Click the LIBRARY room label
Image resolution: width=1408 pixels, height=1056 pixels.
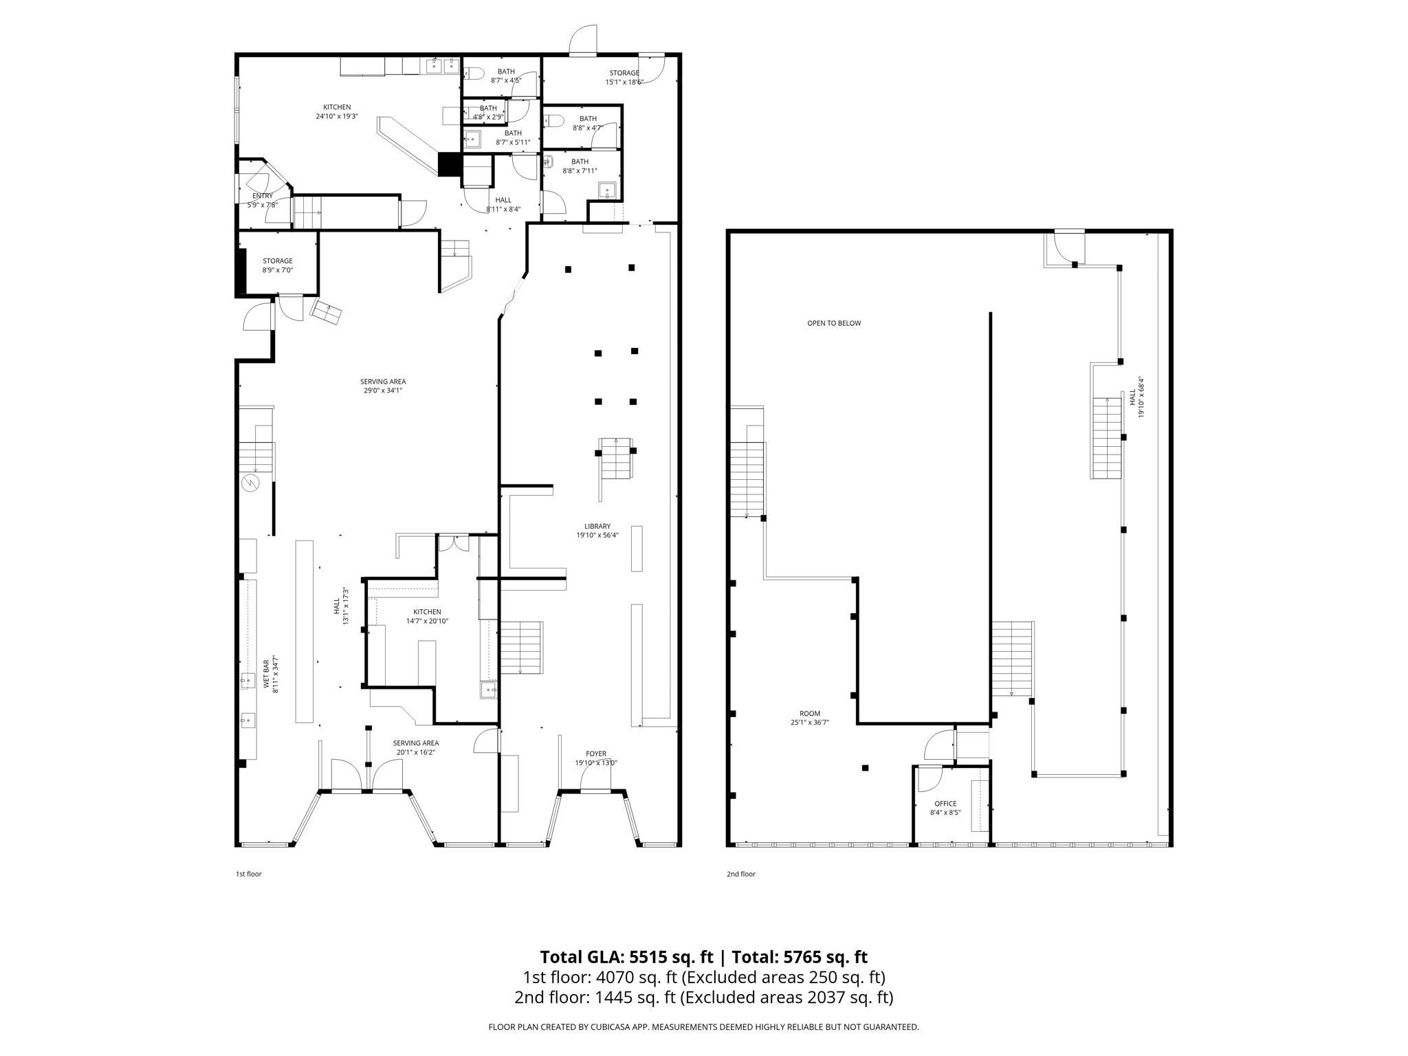(x=597, y=526)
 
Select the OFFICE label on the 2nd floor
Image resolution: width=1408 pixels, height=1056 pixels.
(x=945, y=803)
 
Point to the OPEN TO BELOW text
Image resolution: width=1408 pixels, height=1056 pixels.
(x=834, y=323)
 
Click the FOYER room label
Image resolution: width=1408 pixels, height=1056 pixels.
(x=596, y=753)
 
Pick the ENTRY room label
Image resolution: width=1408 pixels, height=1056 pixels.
(x=262, y=196)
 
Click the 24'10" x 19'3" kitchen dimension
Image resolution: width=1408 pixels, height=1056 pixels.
(x=337, y=116)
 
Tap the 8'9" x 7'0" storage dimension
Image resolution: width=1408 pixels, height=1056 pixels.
(x=277, y=270)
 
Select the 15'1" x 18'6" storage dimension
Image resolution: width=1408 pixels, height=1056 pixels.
(x=624, y=82)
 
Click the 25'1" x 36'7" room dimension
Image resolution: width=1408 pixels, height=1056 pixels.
(x=810, y=723)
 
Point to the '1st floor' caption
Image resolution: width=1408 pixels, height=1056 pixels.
(x=248, y=874)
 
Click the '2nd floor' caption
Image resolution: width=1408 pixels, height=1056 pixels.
(x=740, y=874)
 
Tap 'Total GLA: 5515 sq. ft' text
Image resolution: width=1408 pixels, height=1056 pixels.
(x=626, y=957)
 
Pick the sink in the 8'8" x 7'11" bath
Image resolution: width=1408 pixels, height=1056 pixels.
(x=607, y=190)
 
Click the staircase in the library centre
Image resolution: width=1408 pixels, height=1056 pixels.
(x=615, y=459)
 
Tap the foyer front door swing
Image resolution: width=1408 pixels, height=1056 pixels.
(x=594, y=778)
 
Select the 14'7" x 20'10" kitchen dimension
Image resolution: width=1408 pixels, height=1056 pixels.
(x=426, y=621)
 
